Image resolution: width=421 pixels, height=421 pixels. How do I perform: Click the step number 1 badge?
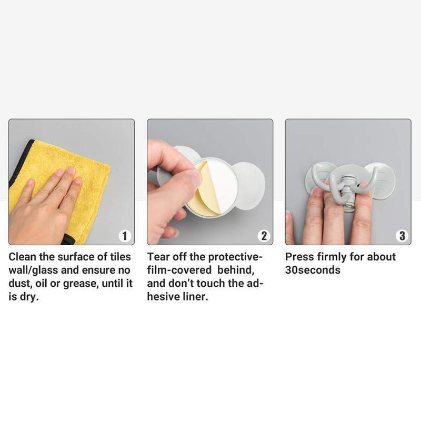[x=125, y=236]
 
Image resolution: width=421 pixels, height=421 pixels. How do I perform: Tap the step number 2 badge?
[x=264, y=236]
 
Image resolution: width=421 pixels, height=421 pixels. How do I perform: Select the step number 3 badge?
[x=402, y=236]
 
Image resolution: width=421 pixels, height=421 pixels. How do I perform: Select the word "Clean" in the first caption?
[x=22, y=257]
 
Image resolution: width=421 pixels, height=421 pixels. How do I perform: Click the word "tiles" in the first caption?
[x=121, y=257]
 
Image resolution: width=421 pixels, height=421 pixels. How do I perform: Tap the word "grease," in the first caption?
[x=81, y=284]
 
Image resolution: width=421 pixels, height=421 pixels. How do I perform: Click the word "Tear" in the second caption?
[x=158, y=257]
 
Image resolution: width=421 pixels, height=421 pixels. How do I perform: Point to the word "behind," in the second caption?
[x=236, y=270]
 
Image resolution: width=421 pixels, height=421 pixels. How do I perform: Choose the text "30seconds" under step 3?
[x=313, y=270]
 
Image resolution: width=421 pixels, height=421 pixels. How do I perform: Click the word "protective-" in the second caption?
[x=235, y=257]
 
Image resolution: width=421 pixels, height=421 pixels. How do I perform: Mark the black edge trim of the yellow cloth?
[x=19, y=158]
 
